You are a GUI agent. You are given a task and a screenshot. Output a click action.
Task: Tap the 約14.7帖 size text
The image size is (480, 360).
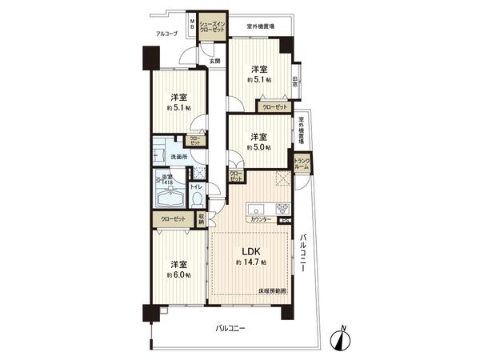[x=252, y=263]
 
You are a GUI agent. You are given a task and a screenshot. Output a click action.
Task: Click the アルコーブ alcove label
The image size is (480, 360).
[x=166, y=34]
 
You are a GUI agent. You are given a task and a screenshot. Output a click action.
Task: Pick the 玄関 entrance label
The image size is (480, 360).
[x=214, y=62]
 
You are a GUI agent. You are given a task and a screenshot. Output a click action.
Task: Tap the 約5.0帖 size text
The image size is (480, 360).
[x=258, y=147]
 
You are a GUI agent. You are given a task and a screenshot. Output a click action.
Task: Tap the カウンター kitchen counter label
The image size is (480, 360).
[x=260, y=219]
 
